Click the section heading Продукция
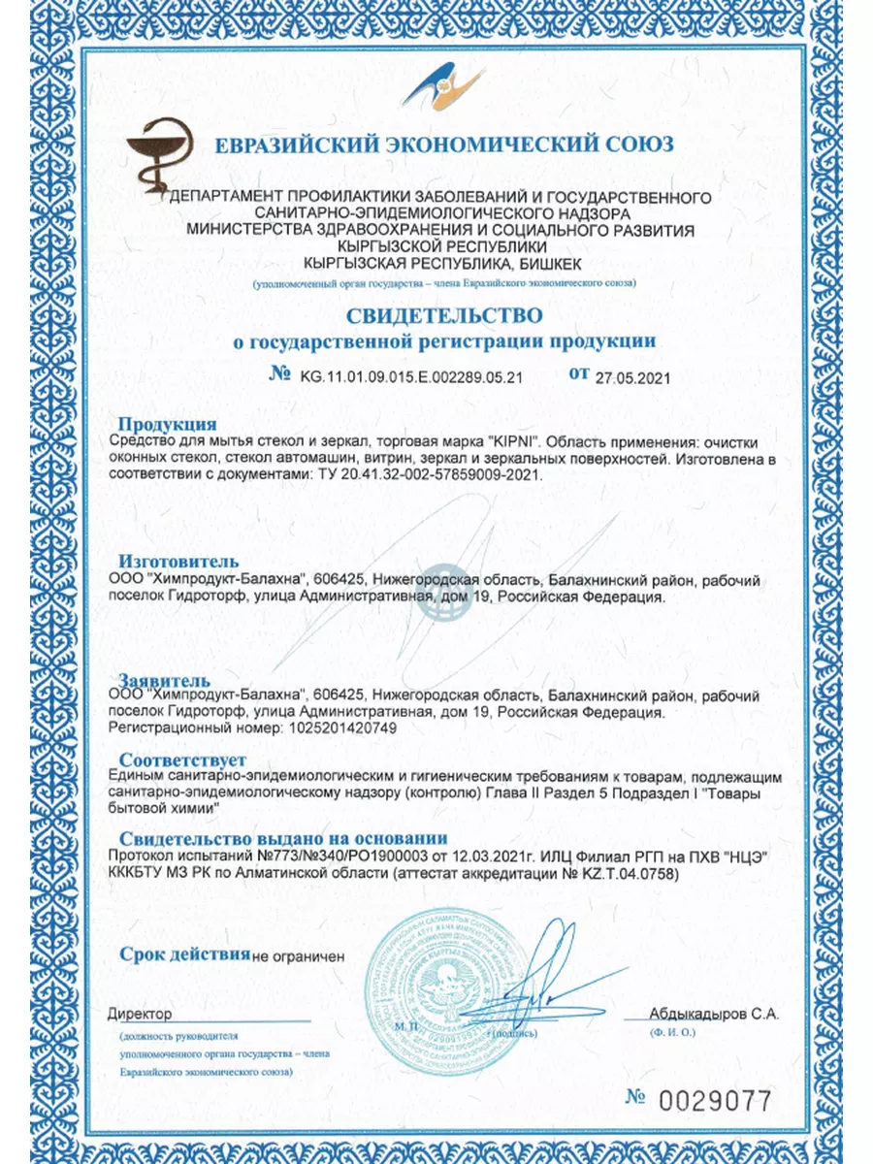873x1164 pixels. (x=167, y=424)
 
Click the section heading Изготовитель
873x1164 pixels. (x=178, y=562)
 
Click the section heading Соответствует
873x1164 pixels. (x=182, y=760)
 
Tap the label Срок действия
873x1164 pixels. (x=184, y=954)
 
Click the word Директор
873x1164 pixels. (x=141, y=1014)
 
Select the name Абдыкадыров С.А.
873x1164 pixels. (x=714, y=1014)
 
